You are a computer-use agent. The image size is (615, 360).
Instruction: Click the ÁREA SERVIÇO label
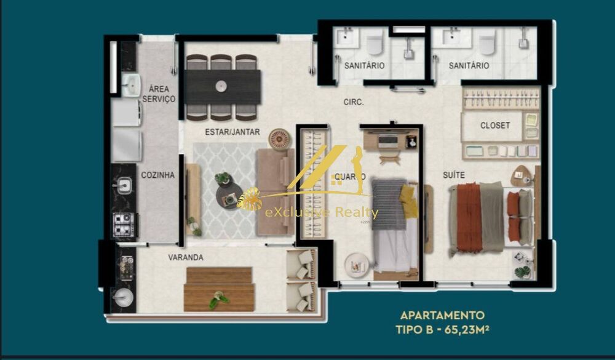point(159,94)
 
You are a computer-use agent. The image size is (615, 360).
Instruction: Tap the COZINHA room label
point(157,175)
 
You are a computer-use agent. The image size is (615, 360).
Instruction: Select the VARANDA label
point(186,257)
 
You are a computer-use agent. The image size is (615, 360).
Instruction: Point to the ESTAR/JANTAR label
point(232,132)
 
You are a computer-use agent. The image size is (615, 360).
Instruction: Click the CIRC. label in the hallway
point(354,103)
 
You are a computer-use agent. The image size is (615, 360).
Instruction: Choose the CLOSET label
point(495,126)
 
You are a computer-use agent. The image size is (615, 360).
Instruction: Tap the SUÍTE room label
point(454,175)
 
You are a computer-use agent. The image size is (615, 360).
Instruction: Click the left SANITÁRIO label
point(365,65)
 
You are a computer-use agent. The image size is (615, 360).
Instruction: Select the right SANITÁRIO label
point(469,65)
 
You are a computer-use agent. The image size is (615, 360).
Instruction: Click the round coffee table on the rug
point(228,191)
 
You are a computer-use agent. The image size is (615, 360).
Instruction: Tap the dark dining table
point(223,87)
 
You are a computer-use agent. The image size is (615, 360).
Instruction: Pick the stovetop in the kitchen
point(124,224)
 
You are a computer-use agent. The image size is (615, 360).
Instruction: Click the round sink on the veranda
point(124,297)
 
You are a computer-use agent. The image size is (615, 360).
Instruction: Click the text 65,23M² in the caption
point(466,330)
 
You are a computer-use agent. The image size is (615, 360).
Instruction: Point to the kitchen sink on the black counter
point(124,183)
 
